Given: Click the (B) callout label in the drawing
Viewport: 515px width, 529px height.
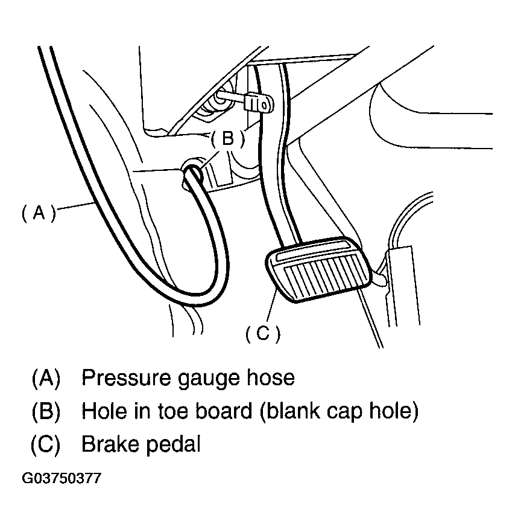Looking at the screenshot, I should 227,139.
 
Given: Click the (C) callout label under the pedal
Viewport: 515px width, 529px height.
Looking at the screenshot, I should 263,333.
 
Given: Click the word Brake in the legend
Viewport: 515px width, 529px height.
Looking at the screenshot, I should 108,444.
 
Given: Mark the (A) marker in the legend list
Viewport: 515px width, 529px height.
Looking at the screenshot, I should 46,378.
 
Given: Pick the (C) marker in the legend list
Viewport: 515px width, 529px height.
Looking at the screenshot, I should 46,444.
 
